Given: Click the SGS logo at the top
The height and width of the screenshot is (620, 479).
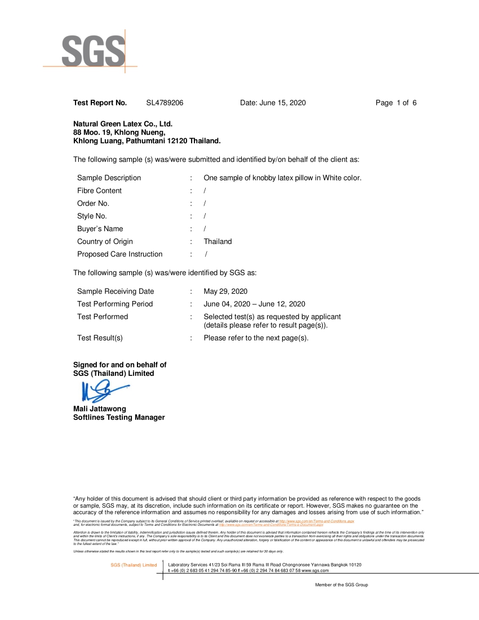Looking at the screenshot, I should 93,51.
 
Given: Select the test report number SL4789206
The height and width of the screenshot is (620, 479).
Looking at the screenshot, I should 165,103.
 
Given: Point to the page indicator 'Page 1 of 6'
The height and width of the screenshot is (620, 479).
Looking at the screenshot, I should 396,103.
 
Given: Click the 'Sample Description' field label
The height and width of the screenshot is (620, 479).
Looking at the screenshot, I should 109,178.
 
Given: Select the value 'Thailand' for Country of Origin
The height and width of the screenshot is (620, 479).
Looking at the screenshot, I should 218,242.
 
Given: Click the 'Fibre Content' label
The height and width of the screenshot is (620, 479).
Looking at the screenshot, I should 99,191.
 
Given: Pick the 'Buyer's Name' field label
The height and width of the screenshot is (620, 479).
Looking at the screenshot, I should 100,229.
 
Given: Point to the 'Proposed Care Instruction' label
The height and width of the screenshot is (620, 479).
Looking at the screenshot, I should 119,254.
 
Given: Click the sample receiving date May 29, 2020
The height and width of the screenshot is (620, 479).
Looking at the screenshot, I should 225,291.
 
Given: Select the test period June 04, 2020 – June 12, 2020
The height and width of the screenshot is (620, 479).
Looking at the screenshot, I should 254,304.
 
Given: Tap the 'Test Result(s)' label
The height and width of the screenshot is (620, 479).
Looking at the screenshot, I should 100,338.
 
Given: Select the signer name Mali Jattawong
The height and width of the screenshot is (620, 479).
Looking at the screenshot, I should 100,409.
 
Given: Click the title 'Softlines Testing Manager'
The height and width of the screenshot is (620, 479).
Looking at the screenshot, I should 119,418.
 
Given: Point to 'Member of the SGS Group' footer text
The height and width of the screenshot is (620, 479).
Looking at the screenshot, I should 341,585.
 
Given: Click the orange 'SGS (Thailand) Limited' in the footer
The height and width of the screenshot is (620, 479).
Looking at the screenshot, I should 134,565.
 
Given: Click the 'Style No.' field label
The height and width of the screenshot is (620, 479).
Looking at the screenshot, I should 92,216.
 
